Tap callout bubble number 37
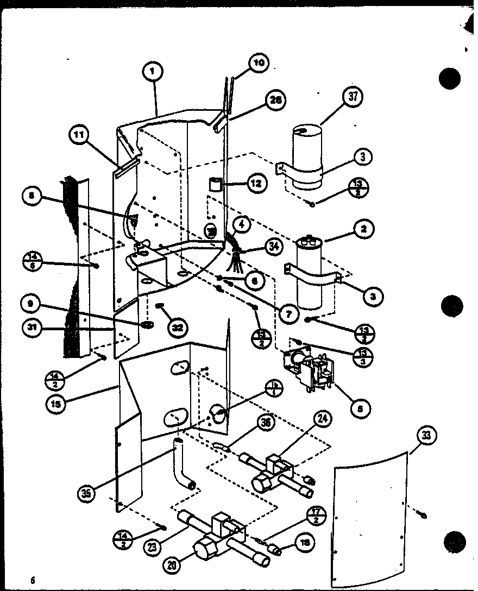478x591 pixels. tap(353, 98)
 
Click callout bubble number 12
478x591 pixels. tap(255, 184)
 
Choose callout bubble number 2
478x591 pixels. tap(363, 229)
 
